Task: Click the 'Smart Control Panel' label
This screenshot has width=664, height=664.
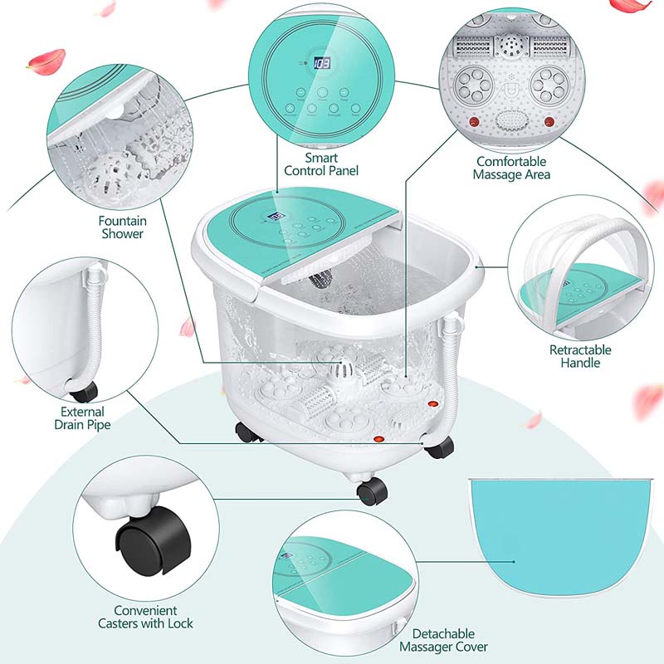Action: pyautogui.click(x=320, y=164)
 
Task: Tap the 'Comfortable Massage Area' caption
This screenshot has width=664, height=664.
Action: pyautogui.click(x=511, y=168)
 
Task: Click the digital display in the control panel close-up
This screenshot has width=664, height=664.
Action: pyautogui.click(x=322, y=63)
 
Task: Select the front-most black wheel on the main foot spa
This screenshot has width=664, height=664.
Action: pyautogui.click(x=372, y=491)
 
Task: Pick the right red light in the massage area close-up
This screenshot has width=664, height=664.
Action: pyautogui.click(x=548, y=123)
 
